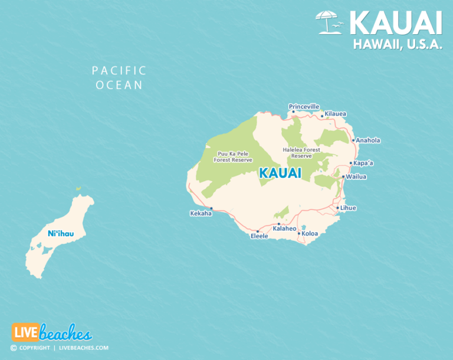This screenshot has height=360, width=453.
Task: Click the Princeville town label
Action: pyautogui.click(x=304, y=106)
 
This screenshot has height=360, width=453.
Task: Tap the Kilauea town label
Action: pyautogui.click(x=336, y=113)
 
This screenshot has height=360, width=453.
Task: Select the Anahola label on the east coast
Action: pyautogui.click(x=368, y=140)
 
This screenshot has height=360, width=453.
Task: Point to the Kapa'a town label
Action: pyautogui.click(x=363, y=163)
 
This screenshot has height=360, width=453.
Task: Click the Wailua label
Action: pyautogui.click(x=356, y=176)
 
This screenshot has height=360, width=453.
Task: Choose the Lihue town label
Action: pyautogui.click(x=348, y=208)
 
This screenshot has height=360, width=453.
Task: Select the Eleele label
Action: pyautogui.click(x=259, y=236)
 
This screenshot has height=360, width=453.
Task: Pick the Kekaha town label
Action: pyautogui.click(x=201, y=214)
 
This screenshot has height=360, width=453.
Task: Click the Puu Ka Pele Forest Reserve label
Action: pyautogui.click(x=234, y=156)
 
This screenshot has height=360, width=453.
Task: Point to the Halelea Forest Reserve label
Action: pyautogui.click(x=301, y=153)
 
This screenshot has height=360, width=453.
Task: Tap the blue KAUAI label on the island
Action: pyautogui.click(x=280, y=174)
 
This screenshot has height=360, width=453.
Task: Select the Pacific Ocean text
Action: pyautogui.click(x=119, y=77)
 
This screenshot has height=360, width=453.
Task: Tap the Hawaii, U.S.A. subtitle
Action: pyautogui.click(x=398, y=43)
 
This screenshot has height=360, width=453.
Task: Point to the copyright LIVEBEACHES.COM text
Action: pyautogui.click(x=59, y=348)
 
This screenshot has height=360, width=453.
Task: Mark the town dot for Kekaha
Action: pyautogui.click(x=211, y=208)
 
